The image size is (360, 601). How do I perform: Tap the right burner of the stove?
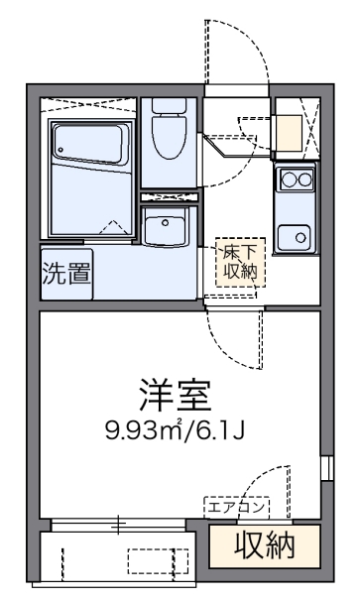(302, 180)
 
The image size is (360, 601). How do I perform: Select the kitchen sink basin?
(294, 235)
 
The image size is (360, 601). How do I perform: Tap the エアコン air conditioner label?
(236, 507)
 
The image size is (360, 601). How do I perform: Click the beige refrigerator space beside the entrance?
(289, 131)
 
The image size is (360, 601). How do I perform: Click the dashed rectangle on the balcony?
(157, 560)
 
